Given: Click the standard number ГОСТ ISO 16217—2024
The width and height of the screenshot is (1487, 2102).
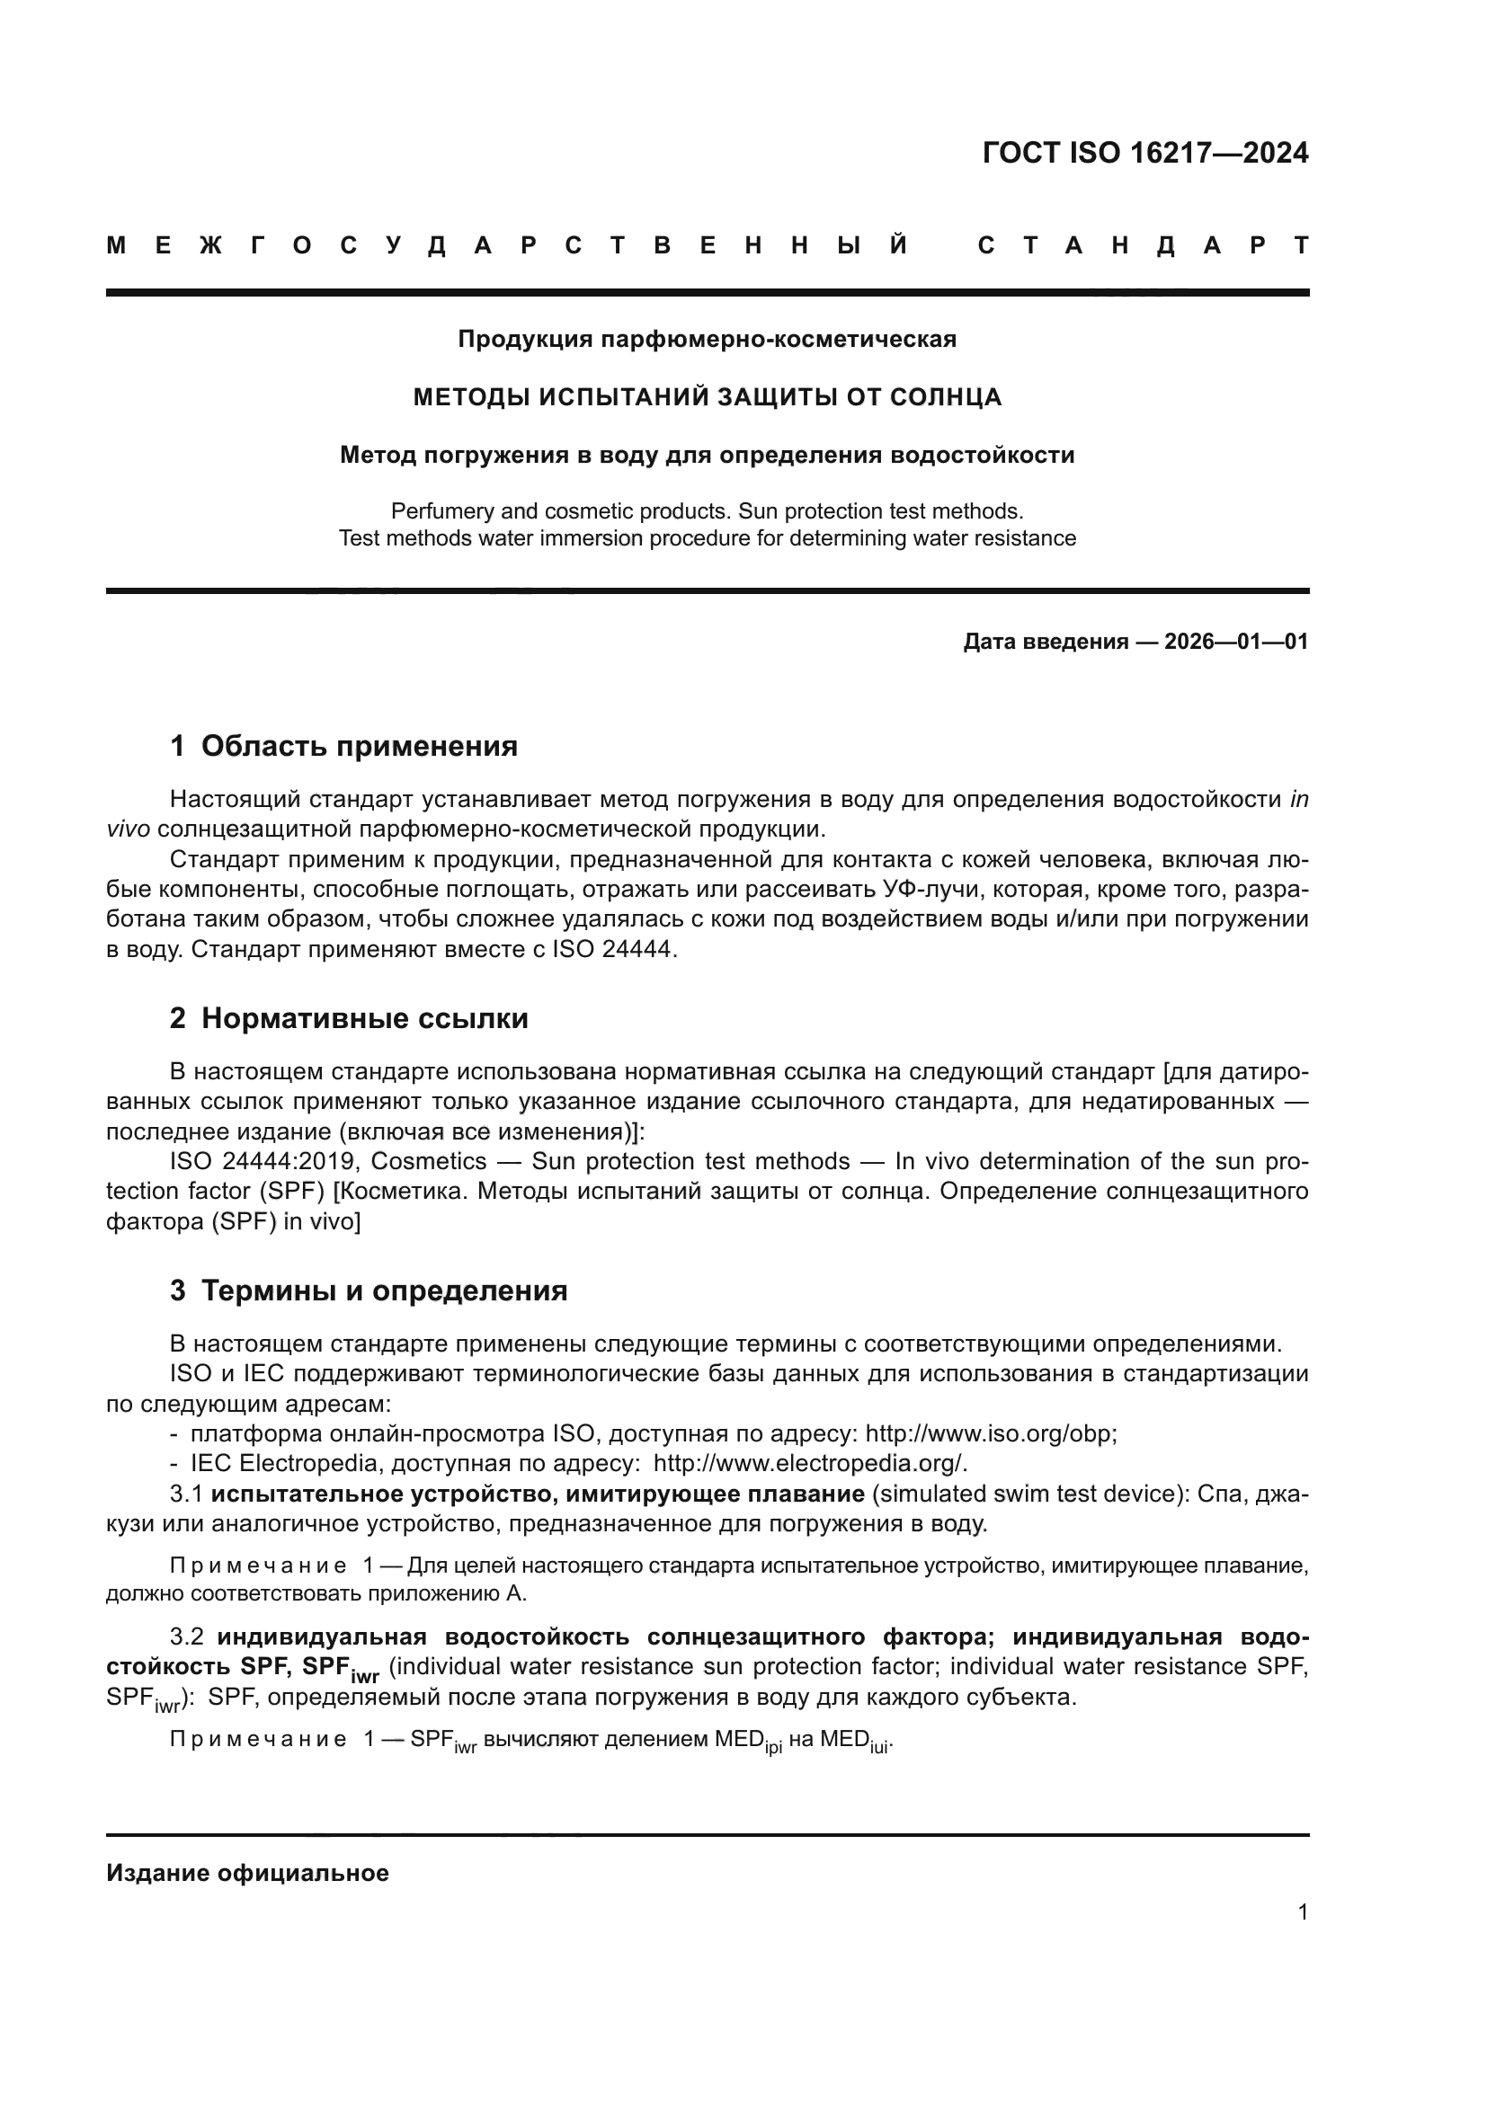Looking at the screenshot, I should (1144, 153).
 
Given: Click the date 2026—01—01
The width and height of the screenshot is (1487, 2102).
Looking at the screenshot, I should (1236, 642).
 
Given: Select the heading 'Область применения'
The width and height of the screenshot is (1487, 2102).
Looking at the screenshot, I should (359, 746).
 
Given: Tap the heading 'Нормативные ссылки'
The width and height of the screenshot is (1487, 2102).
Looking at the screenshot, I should (364, 1018).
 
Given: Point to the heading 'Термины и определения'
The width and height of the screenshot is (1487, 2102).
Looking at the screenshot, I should (384, 1290).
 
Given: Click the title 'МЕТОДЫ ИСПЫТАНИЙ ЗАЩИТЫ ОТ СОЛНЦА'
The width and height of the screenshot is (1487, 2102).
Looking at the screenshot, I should (707, 397).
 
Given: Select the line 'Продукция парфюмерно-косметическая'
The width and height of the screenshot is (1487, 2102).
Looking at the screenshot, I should (707, 340).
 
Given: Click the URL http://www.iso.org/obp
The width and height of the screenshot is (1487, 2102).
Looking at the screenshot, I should (990, 1433).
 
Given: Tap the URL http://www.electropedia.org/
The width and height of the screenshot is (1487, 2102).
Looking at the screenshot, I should (809, 1464).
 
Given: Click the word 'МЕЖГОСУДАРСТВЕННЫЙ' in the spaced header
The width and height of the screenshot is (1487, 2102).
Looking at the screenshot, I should (508, 246).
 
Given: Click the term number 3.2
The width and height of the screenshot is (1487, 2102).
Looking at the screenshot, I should (187, 1636).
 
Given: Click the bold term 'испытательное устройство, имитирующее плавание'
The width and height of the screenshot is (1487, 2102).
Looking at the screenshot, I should (538, 1494).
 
